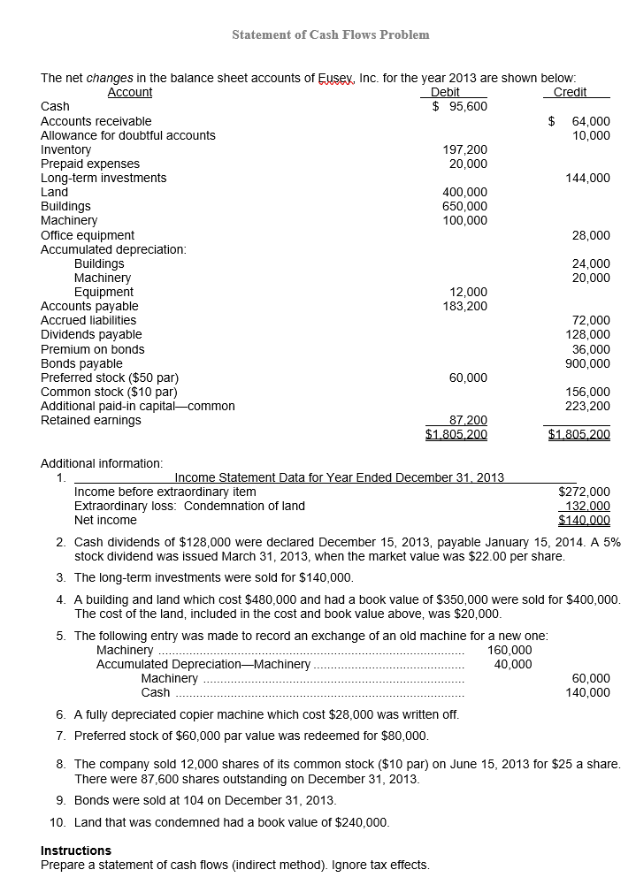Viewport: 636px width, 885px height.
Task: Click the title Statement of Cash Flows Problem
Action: coord(330,34)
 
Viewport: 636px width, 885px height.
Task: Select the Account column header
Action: coord(129,92)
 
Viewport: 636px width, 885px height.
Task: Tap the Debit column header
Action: coord(444,92)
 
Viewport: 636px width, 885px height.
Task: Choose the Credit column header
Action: coord(570,92)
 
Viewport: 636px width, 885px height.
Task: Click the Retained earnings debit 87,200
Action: coord(468,420)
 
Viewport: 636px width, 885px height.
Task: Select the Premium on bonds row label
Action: coord(93,349)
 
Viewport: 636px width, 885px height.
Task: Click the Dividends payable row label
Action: coord(91,334)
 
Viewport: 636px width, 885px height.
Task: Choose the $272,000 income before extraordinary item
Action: coord(584,492)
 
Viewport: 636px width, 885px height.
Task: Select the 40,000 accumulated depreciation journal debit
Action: coord(513,664)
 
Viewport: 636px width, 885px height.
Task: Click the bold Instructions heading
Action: coord(76,851)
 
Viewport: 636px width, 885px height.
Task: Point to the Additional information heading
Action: coord(102,463)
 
